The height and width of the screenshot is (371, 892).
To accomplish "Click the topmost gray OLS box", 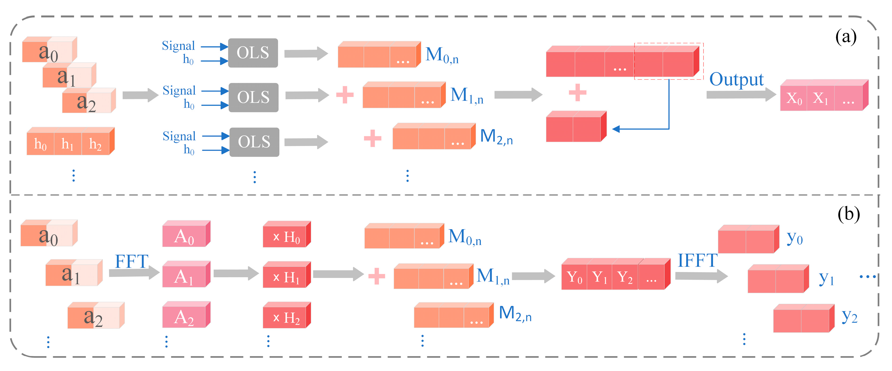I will click(x=253, y=53).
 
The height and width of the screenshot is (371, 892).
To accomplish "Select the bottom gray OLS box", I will click(x=254, y=142).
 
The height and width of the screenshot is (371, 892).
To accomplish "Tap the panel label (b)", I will click(x=848, y=214).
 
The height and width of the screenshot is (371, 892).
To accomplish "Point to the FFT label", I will click(x=132, y=261).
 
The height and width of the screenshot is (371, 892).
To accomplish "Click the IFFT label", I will click(x=697, y=261).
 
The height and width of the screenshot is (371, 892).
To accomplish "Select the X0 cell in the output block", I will click(x=794, y=98).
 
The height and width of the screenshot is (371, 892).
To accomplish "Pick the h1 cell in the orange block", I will click(x=67, y=144).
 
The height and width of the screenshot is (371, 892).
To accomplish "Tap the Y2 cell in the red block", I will click(x=625, y=277).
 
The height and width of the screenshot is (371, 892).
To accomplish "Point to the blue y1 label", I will click(x=826, y=278).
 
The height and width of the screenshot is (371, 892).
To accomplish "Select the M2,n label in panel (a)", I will click(x=496, y=136).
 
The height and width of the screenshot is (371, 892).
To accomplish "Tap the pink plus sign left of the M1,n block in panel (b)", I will click(x=376, y=276).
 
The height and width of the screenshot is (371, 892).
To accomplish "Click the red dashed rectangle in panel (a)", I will click(x=668, y=61).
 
